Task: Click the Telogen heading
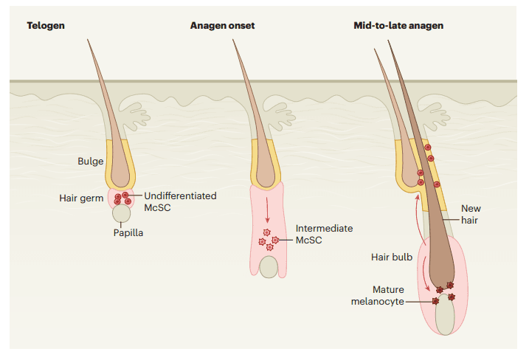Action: point(46,26)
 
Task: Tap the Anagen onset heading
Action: point(221,26)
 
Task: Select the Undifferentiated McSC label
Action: point(180,201)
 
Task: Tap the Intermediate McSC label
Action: point(324,235)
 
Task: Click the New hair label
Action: point(471,214)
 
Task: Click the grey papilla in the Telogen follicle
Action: point(122,215)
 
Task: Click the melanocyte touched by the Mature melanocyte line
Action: point(435,301)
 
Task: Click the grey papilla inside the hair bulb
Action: point(444,315)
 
